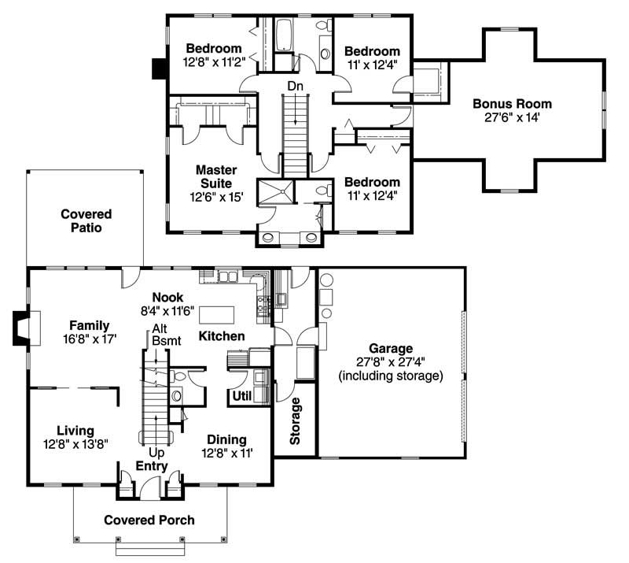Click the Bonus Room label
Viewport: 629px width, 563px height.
[x=512, y=104]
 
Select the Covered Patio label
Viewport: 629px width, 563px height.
[x=86, y=220]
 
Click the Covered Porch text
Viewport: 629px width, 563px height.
[x=149, y=520]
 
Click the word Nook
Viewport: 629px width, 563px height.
[x=167, y=297]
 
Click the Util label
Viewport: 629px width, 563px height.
[x=242, y=396]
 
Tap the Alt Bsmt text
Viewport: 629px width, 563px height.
[x=165, y=335]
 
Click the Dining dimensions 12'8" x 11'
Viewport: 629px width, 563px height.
[x=226, y=453]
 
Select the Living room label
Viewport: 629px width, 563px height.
[x=75, y=431]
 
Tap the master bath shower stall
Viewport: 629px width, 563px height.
[x=278, y=191]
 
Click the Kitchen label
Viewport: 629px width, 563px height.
[x=222, y=336]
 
